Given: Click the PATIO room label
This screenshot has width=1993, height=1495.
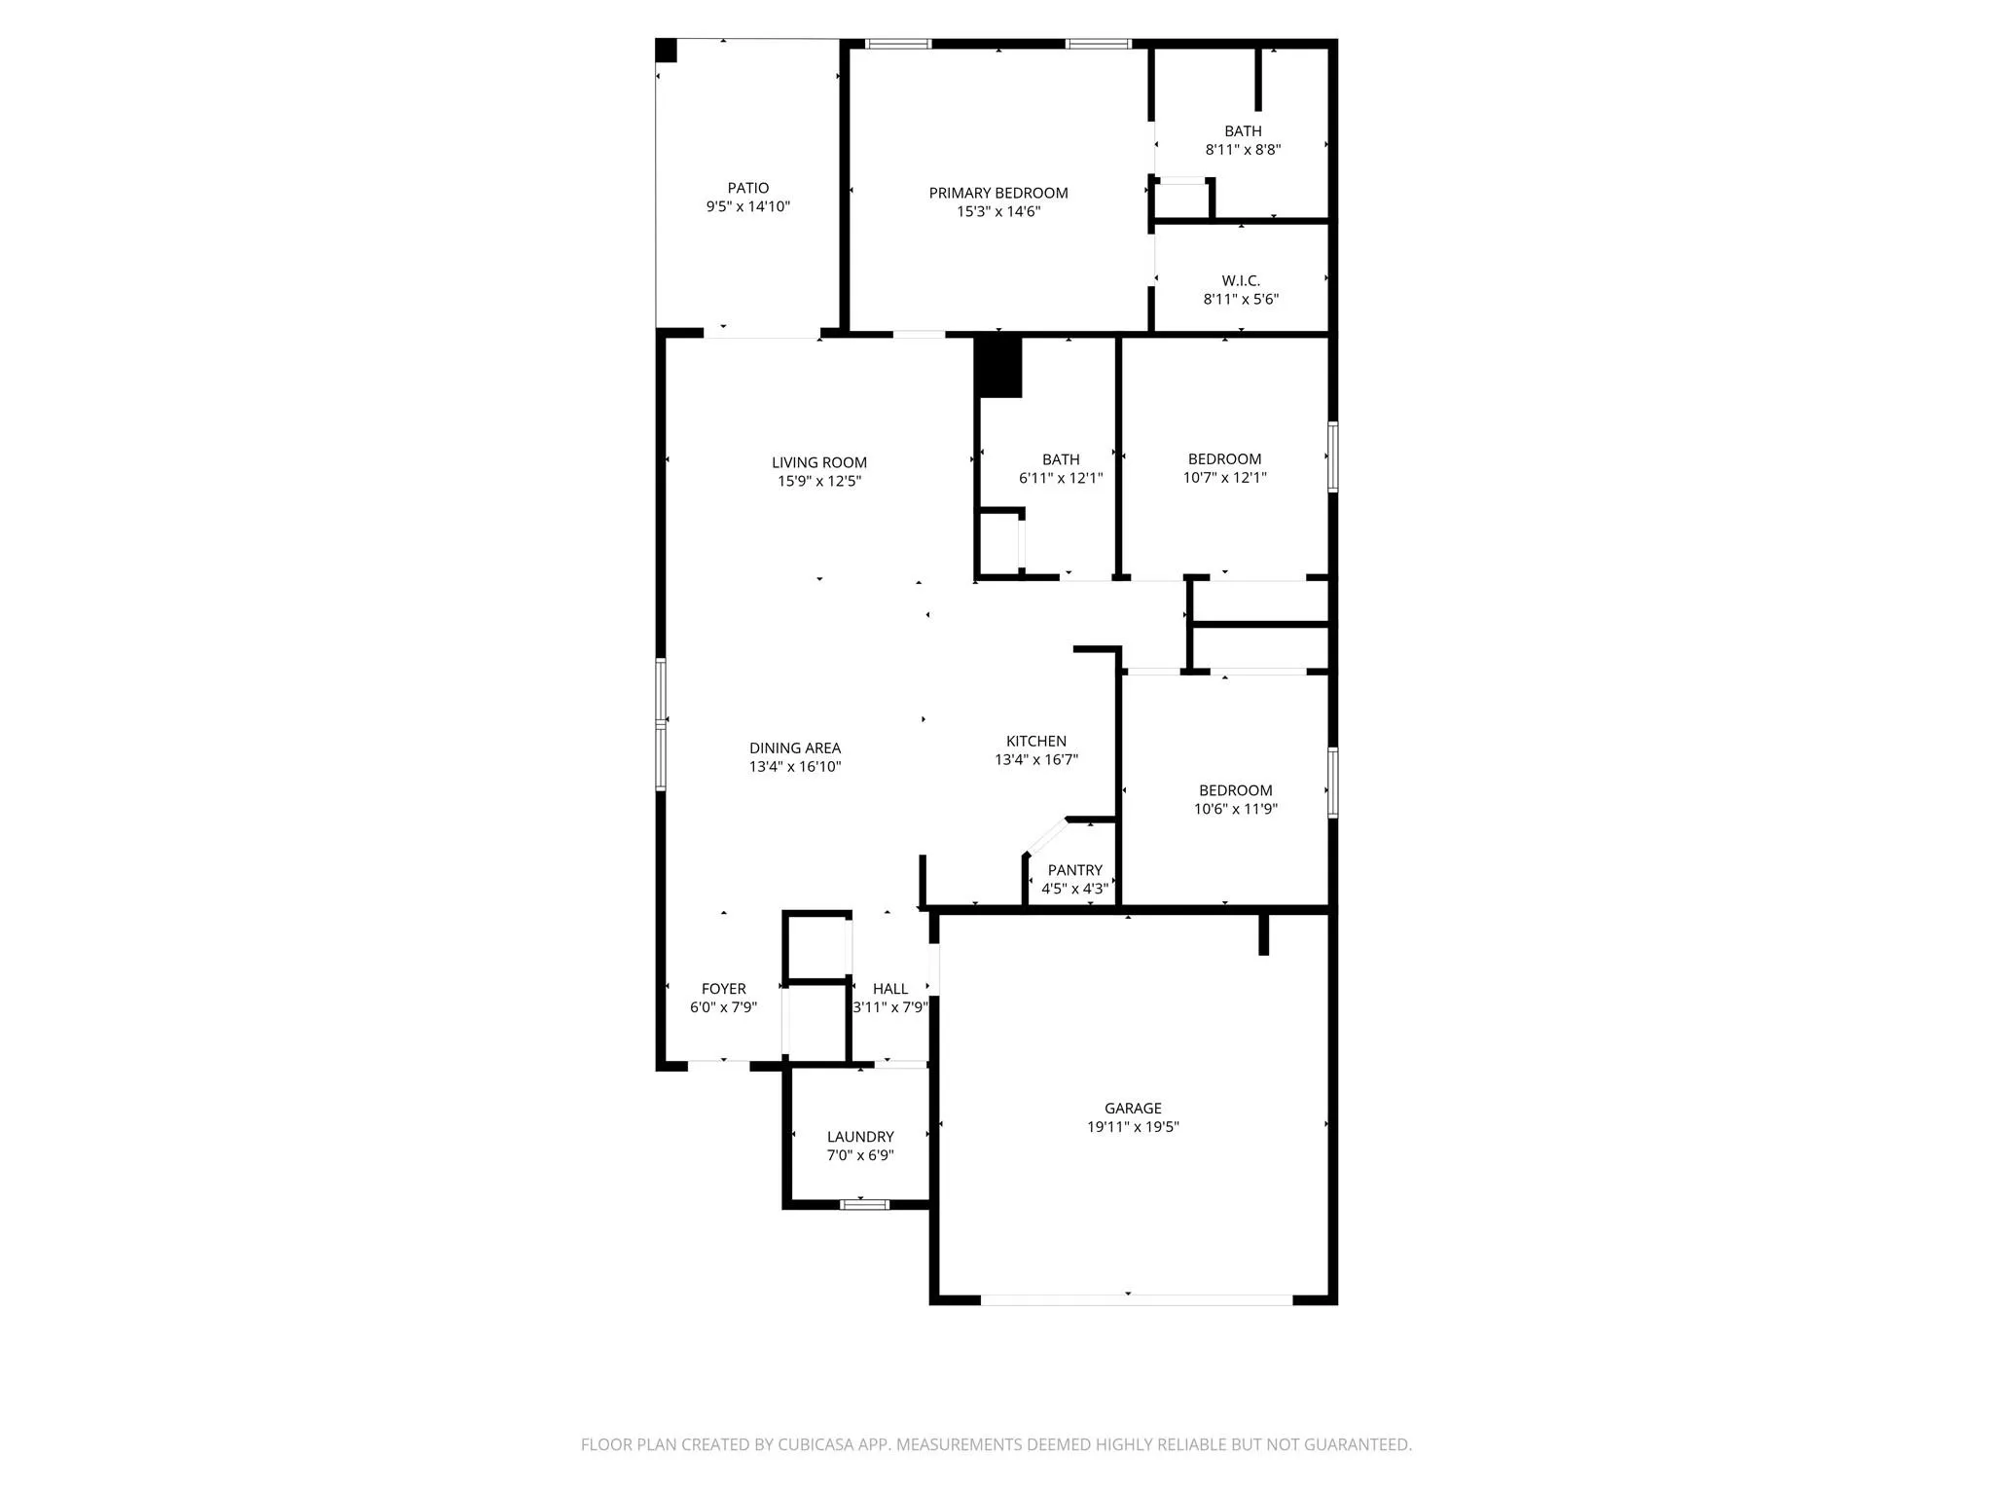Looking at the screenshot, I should tap(747, 188).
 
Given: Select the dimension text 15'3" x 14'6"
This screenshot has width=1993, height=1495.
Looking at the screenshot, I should tap(998, 211).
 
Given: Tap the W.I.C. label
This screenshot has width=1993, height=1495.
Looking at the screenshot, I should tap(1241, 280).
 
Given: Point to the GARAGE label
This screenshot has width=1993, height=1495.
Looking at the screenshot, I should tap(1133, 1108).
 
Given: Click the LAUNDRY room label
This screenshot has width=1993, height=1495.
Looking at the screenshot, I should tap(860, 1137).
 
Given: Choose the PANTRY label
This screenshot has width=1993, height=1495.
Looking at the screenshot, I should tap(1074, 870).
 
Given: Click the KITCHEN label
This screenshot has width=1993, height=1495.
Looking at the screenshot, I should tap(1036, 741).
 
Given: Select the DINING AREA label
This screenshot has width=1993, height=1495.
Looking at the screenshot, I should tap(795, 747).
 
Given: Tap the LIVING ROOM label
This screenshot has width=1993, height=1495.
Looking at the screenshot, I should tap(819, 462).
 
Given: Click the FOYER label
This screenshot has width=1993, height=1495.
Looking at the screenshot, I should tap(723, 988).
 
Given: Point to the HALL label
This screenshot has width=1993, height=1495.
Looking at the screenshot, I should tap(889, 988).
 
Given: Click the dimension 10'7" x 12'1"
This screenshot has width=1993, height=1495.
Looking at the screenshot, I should tap(1224, 478).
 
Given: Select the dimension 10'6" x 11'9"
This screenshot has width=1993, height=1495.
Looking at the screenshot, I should tap(1235, 809).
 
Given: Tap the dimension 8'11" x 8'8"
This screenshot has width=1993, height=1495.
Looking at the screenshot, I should tap(1243, 150).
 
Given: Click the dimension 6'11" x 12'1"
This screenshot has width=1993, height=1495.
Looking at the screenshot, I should tap(1061, 478).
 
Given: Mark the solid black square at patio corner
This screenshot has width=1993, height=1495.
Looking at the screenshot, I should tap(666, 51).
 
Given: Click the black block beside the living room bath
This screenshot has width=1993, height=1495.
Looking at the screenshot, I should tap(998, 367).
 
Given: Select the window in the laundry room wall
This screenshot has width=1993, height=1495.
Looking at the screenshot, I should tap(864, 1204).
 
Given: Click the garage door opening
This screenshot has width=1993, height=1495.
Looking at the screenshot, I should tap(1136, 1299).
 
